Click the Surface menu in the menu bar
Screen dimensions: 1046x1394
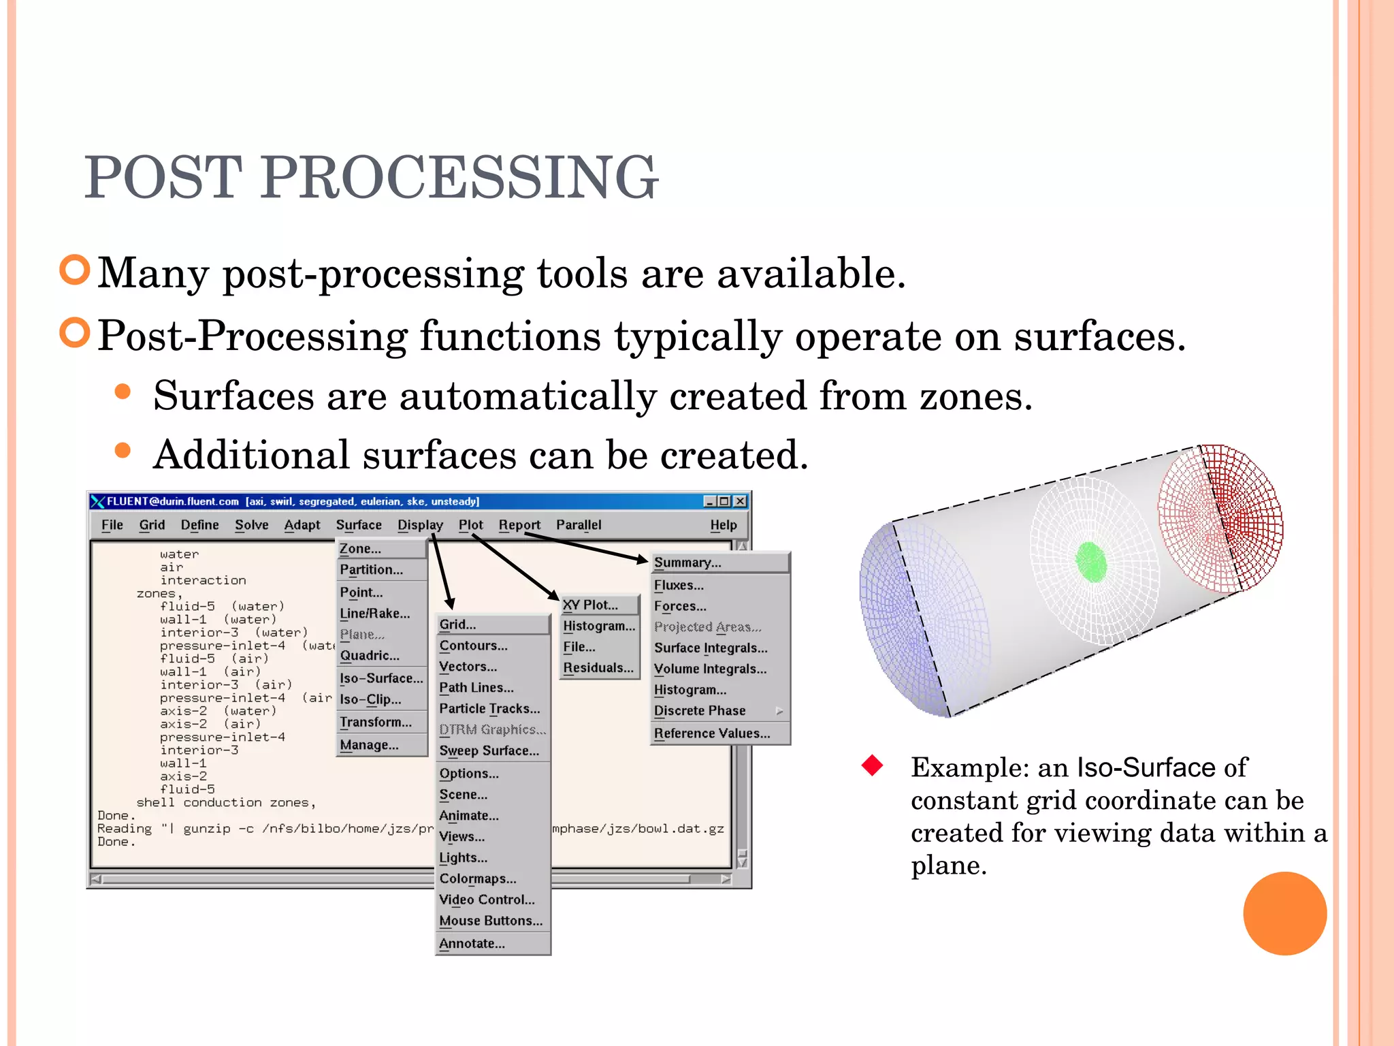coord(359,525)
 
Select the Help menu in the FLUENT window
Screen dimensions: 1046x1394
coord(723,525)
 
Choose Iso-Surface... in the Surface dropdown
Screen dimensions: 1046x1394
coord(381,678)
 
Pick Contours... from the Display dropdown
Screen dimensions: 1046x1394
coord(473,646)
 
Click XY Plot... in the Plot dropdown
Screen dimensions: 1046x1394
coord(590,605)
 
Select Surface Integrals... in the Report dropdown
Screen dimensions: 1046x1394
coord(710,648)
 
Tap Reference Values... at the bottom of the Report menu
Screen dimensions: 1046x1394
coord(711,733)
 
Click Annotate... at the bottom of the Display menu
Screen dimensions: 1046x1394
coord(472,944)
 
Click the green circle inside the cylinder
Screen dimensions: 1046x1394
coord(1091,562)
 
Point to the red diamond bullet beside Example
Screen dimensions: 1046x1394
coord(872,766)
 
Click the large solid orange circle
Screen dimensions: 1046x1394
coord(1284,913)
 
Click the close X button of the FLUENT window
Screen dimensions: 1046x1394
coord(741,502)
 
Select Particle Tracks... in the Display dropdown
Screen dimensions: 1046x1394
coord(489,709)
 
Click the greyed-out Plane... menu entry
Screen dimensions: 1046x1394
coord(362,635)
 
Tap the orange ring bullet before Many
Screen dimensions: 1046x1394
coord(75,270)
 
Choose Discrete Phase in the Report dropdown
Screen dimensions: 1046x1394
coord(700,711)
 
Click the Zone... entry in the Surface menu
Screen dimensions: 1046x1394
coord(361,549)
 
